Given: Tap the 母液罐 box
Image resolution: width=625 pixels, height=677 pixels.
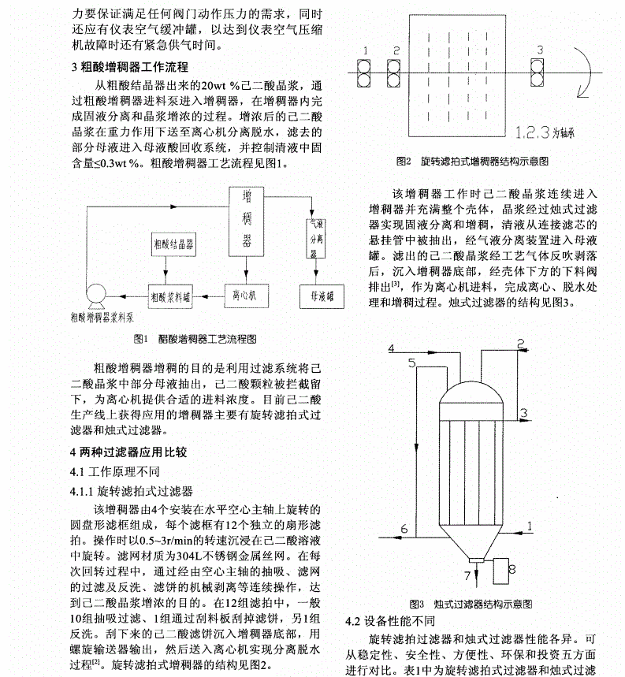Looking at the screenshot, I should coord(318,296).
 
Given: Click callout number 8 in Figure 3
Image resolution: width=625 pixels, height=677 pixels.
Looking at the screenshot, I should coord(512,568).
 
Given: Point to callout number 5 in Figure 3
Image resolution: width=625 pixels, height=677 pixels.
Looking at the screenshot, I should coord(412,363).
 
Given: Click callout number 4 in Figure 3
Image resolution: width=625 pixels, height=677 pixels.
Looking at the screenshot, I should coord(392,348).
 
